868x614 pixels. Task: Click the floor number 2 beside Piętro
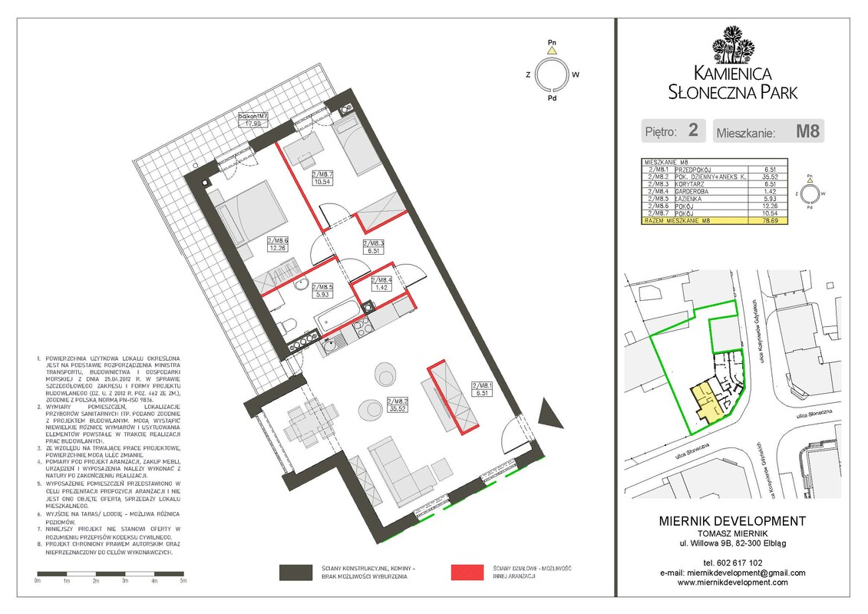tap(693, 130)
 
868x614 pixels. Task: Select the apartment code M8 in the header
tap(807, 130)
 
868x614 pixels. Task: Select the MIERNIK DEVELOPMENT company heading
tap(732, 521)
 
